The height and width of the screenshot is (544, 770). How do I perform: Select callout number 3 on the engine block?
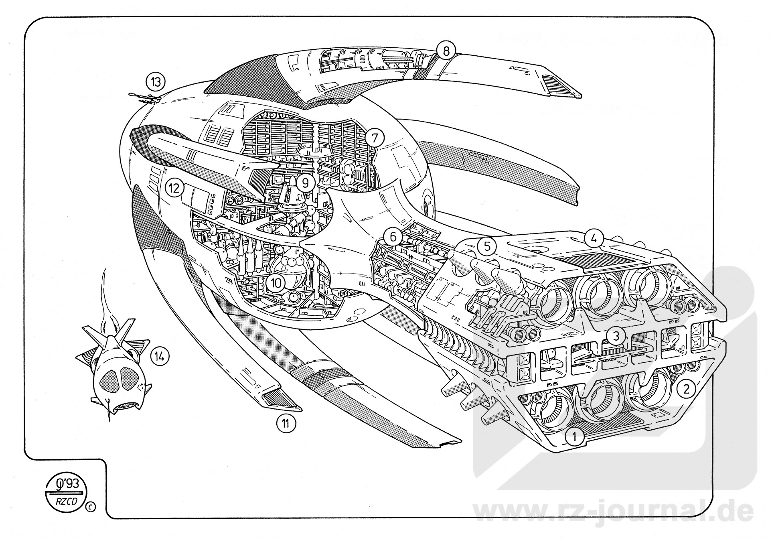click(616, 336)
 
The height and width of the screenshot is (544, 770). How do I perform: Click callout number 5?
click(486, 246)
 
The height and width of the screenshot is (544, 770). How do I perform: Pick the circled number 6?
click(393, 237)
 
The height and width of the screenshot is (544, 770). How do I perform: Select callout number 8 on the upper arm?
click(446, 51)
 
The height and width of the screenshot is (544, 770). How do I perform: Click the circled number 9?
click(306, 183)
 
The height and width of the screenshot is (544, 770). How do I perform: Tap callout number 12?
click(174, 188)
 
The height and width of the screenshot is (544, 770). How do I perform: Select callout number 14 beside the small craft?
click(160, 356)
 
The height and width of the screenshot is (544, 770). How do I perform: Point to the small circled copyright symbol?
click(91, 507)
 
